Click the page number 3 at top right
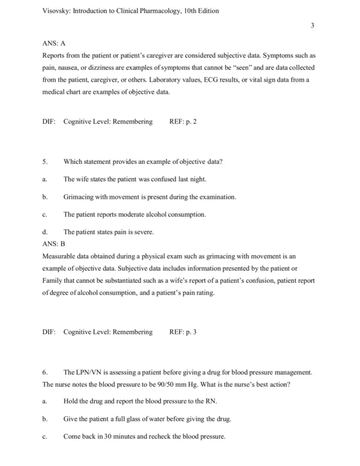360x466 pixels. pyautogui.click(x=313, y=25)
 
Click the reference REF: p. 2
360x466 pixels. pyautogui.click(x=183, y=121)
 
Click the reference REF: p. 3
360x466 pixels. pyautogui.click(x=183, y=331)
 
